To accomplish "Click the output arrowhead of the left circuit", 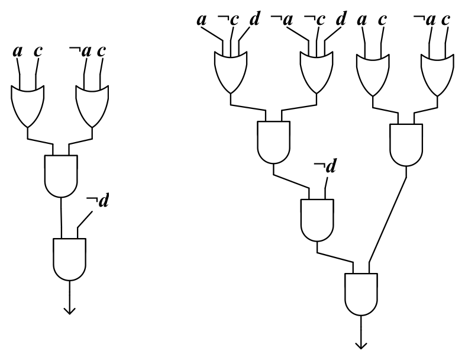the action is [x=70, y=311].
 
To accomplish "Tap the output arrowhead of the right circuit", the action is [x=361, y=346].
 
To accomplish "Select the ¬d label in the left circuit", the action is [x=98, y=200].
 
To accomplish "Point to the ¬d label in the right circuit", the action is [x=325, y=166].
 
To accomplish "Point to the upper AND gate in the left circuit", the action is [x=61, y=176].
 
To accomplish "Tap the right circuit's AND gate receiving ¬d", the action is [x=317, y=220].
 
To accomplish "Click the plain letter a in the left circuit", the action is [x=18, y=52].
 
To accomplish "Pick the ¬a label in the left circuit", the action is [x=80, y=51].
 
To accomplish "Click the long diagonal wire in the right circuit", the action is [x=387, y=220].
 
